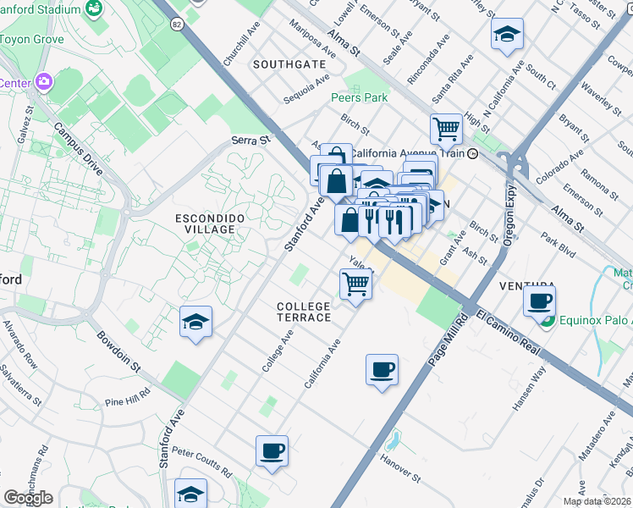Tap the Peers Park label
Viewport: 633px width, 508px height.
coord(360,98)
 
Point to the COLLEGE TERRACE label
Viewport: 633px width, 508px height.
coord(304,311)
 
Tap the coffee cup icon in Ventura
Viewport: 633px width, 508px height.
coord(539,300)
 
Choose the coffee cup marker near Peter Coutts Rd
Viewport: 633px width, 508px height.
coord(272,450)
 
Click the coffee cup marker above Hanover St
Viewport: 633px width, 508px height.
coord(383,369)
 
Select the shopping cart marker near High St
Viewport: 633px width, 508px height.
coord(446,130)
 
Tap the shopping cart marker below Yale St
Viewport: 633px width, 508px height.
coord(356,284)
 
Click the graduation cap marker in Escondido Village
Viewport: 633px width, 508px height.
coord(195,322)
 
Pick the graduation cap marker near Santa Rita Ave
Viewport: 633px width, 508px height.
coord(507,34)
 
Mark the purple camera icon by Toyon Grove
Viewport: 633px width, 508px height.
coord(42,82)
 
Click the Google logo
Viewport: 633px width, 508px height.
coord(28,498)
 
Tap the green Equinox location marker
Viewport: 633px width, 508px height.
coord(548,321)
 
